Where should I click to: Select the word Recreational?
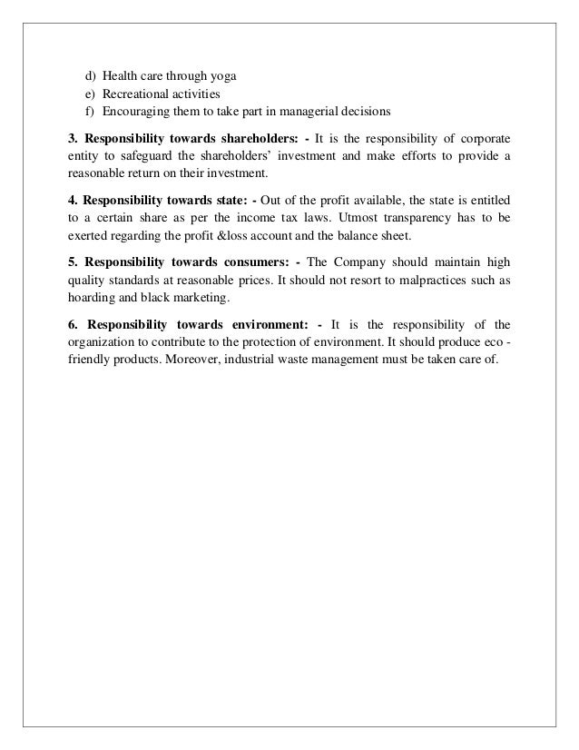point(135,94)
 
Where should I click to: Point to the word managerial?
point(320,113)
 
